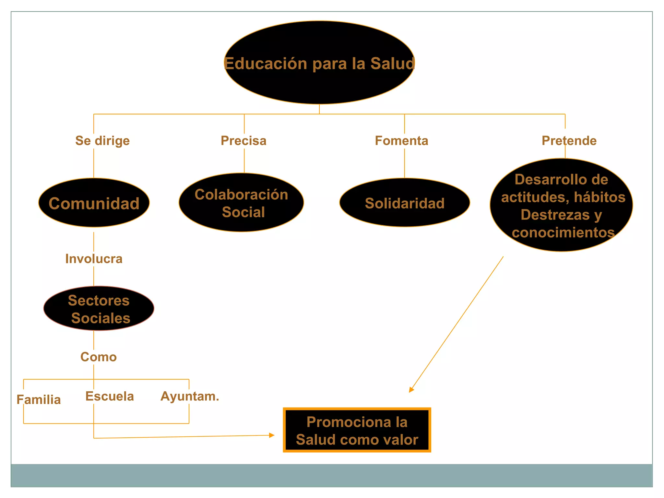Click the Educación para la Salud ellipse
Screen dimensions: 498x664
tap(319, 63)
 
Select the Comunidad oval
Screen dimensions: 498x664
tap(94, 203)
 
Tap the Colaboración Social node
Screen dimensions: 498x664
tap(241, 203)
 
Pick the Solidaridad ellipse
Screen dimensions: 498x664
tap(404, 203)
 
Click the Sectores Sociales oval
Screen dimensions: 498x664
tap(99, 309)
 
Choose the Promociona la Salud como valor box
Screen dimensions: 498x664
tap(357, 430)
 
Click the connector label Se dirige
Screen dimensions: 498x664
tap(102, 141)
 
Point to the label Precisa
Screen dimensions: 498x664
tap(243, 141)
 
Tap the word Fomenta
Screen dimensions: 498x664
tap(401, 141)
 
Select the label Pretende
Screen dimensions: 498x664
tap(569, 141)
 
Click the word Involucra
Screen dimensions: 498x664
tap(94, 259)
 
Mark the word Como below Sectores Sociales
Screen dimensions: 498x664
tap(99, 357)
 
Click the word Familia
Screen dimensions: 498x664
tap(39, 400)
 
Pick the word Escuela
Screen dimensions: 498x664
tap(110, 396)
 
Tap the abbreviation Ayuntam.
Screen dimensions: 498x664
tap(190, 396)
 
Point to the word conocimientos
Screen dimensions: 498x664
tap(563, 232)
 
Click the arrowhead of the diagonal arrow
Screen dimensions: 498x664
tap(411, 390)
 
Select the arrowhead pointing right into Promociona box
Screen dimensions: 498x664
tap(272, 435)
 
